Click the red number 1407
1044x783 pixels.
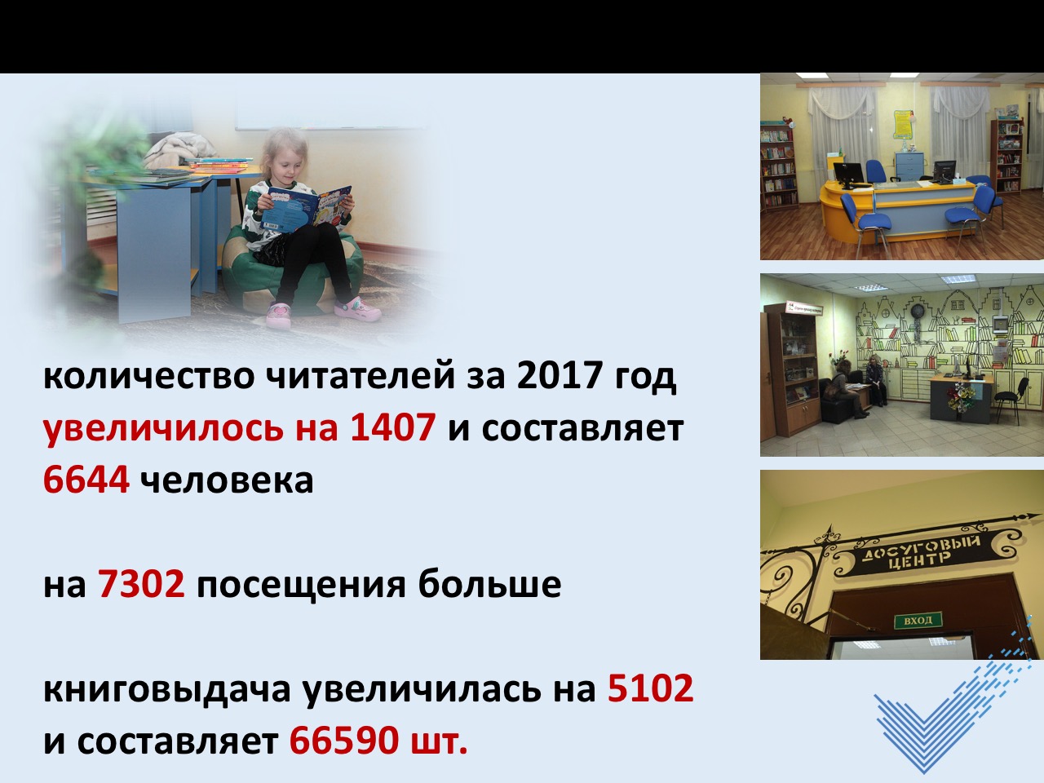392,427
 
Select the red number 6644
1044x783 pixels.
86,479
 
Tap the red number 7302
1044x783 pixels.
141,583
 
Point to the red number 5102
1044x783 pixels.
650,688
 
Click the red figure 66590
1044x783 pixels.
343,741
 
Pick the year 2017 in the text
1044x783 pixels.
560,375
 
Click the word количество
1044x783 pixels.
149,378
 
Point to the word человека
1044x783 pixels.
227,481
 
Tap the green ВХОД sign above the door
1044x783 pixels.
918,621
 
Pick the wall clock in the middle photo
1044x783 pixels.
918,311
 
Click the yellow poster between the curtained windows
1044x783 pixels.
904,124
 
